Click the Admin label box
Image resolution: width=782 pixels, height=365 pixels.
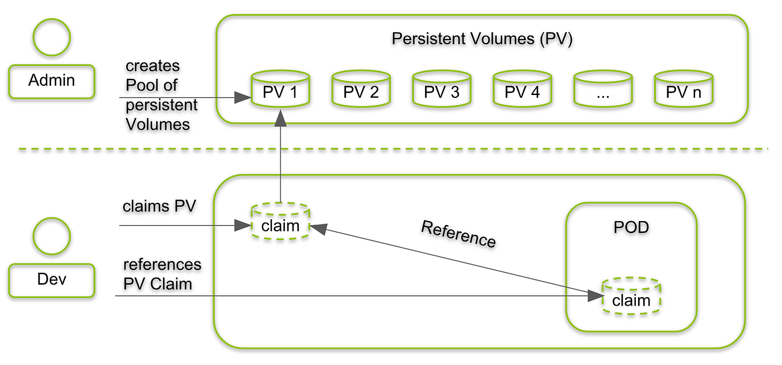[x=52, y=82]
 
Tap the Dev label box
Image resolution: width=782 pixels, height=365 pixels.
[x=52, y=280]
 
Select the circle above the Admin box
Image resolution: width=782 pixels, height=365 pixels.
[x=52, y=37]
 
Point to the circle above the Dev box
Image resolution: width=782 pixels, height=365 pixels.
[x=52, y=236]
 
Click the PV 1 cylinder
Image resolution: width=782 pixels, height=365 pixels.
[x=280, y=89]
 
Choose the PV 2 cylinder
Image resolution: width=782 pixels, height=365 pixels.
[x=361, y=89]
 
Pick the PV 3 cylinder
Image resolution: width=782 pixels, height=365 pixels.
[x=442, y=89]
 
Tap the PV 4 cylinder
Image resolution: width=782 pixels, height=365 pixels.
[x=522, y=89]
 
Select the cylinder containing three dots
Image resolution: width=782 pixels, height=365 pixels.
[x=603, y=89]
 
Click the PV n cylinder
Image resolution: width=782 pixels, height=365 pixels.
[x=684, y=89]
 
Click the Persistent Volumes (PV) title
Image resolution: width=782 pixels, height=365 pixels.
[x=482, y=39]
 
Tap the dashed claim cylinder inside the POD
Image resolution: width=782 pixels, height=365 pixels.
[x=631, y=296]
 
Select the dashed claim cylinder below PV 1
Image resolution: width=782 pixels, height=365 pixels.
[x=280, y=221]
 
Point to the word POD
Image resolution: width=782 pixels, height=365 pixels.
[x=631, y=227]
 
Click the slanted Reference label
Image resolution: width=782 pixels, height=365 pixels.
[x=458, y=234]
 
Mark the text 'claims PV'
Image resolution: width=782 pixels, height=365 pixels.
[x=159, y=206]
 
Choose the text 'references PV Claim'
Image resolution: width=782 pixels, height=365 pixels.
[x=162, y=274]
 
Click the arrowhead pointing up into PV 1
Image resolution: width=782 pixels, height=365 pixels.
[x=280, y=118]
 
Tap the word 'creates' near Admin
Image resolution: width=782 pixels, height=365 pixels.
[x=153, y=66]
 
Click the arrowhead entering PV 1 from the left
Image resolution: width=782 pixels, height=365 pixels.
[x=242, y=97]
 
